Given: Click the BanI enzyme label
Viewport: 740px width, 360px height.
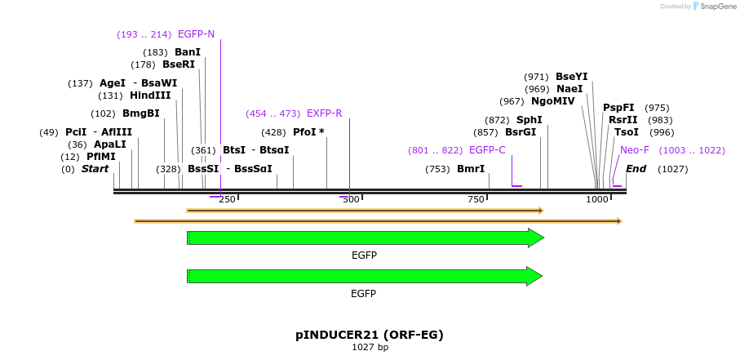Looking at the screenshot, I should pos(188,52).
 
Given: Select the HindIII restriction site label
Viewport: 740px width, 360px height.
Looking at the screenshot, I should pos(150,95).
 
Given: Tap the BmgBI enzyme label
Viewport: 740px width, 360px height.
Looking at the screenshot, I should pos(140,113).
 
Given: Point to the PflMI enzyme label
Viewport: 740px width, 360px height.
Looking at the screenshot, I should pos(101,157).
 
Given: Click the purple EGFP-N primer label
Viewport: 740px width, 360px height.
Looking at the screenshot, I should pos(196,34).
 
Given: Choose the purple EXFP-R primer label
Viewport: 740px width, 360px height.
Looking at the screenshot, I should pos(324,113).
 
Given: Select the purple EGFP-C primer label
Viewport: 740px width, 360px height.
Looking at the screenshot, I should pos(487,150).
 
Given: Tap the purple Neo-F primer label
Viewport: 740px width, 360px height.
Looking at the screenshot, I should pos(635,150).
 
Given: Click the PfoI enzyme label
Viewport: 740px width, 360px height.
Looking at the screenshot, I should pos(308,132).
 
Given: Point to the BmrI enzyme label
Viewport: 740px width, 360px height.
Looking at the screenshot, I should pos(471,169).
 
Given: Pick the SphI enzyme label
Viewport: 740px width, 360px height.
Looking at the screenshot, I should pos(529,120).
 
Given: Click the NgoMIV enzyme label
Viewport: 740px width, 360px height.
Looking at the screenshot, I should pos(552,101).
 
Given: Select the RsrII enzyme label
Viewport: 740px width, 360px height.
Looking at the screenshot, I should pos(623,120).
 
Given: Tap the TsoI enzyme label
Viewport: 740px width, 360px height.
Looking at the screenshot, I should pos(627,132).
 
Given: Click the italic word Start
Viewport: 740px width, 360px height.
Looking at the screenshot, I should pos(95,169).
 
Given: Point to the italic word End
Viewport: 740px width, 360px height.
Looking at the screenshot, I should pos(636,169).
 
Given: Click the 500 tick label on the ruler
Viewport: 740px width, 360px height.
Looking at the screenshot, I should pos(351,200).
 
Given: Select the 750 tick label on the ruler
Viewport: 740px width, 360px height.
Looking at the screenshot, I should pos(476,200).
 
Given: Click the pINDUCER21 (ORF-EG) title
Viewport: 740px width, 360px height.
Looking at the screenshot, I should pos(370,335).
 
